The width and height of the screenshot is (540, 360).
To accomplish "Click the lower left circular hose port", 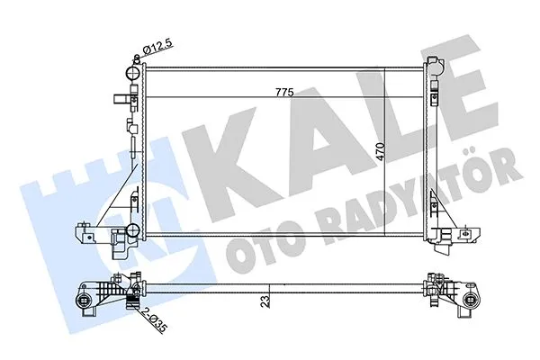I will coord(118,238).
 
